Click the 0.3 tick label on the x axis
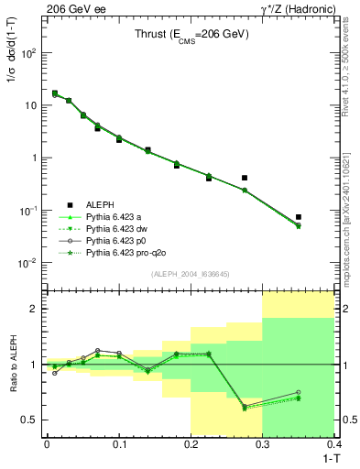263,443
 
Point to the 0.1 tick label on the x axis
118,443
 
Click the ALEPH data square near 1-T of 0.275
245,178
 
